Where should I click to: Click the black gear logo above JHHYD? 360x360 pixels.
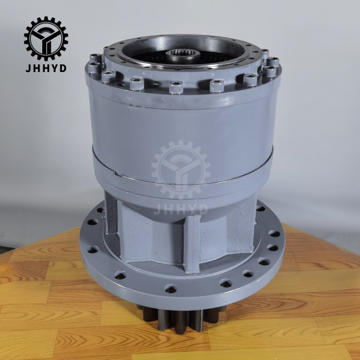tap(45, 39)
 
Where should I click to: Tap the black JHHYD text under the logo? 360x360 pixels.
tap(45, 68)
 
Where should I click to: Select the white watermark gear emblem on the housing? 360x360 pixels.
tap(181, 170)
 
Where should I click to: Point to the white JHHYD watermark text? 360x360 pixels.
tap(181, 208)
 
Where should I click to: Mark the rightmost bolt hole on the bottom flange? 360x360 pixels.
tap(275, 233)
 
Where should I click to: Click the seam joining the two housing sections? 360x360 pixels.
tap(180, 177)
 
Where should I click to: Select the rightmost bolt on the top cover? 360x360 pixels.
tap(273, 64)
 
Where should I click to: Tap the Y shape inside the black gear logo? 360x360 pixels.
tap(45, 39)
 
